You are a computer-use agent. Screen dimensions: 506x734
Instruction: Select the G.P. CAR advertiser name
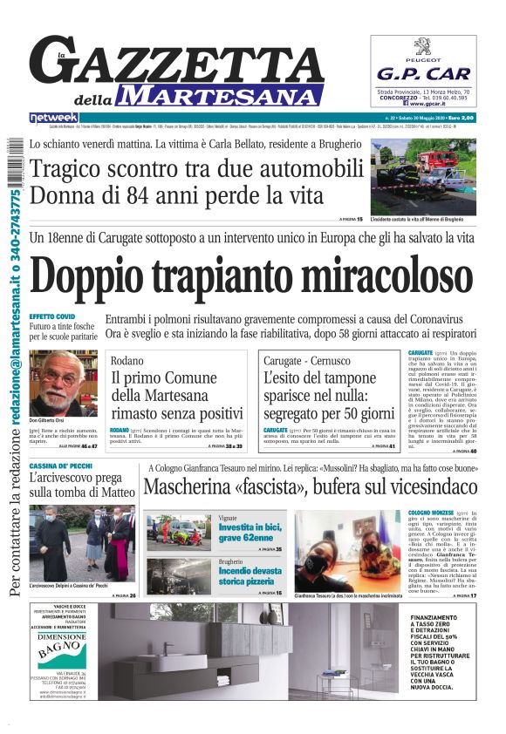[x=424, y=75]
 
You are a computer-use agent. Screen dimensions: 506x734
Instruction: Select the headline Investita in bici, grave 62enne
[x=259, y=528]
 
